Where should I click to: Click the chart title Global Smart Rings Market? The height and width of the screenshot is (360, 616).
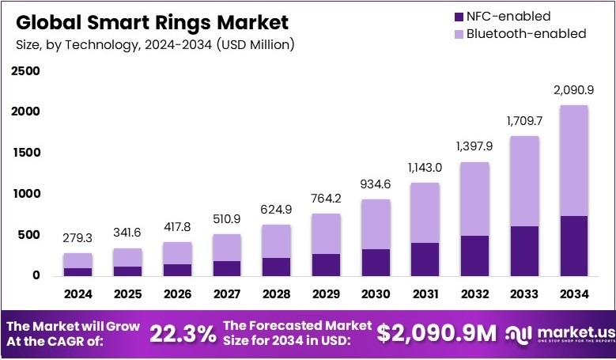pyautogui.click(x=152, y=21)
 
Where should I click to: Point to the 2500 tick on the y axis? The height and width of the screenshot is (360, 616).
pyautogui.click(x=25, y=71)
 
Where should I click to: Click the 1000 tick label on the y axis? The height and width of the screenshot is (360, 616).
pyautogui.click(x=25, y=194)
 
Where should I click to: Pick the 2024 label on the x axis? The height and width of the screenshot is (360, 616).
pyautogui.click(x=78, y=294)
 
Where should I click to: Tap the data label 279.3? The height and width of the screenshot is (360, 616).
pyautogui.click(x=78, y=239)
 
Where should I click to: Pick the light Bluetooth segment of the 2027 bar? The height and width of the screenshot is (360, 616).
pyautogui.click(x=225, y=247)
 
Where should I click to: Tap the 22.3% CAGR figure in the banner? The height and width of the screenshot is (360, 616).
pyautogui.click(x=183, y=333)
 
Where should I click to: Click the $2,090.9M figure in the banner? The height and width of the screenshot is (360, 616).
pyautogui.click(x=436, y=333)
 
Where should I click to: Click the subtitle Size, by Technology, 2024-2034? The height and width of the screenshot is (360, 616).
pyautogui.click(x=155, y=44)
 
